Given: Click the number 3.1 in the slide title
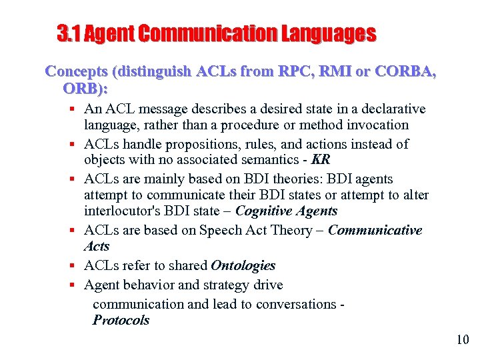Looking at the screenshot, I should [69, 33].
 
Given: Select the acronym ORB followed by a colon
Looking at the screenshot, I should [85, 88].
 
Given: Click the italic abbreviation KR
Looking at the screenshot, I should [321, 160].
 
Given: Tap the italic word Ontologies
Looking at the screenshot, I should [243, 265].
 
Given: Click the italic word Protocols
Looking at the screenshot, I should [121, 320].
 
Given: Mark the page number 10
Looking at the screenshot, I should [463, 340].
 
